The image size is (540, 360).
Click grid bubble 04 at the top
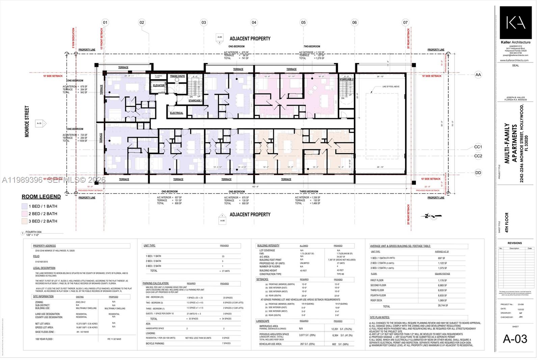(254, 23)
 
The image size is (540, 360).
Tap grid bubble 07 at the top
(405, 23)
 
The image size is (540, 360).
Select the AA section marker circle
(478, 75)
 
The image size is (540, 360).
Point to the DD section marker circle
(478, 173)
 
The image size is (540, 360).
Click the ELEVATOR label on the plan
(159, 85)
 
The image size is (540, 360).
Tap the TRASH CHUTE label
(177, 76)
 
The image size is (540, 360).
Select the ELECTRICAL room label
(177, 113)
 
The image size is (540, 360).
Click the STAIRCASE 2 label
(346, 79)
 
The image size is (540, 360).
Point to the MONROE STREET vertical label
(27, 122)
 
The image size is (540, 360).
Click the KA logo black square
(515, 23)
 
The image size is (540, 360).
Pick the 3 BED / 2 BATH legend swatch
(24, 221)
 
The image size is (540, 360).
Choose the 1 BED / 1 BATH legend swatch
(24, 206)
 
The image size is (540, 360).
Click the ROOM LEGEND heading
(41, 197)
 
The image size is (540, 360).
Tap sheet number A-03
(515, 339)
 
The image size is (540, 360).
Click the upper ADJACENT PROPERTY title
(250, 38)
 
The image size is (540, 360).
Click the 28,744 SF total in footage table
(443, 305)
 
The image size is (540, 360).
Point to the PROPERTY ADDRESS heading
(44, 246)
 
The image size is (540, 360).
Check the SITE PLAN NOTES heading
(380, 317)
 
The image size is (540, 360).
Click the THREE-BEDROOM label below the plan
(308, 191)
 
